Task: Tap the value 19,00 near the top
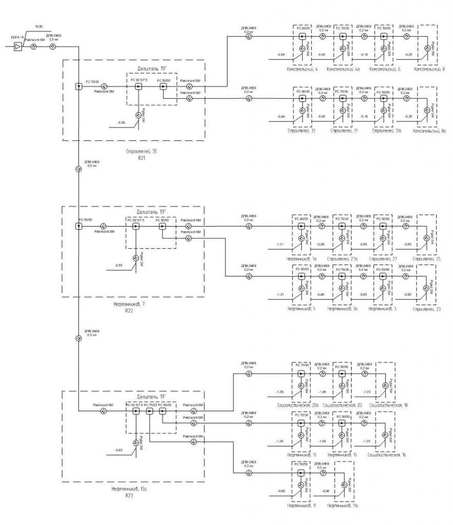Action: [x=38, y=26]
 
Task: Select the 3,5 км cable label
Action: [x=53, y=39]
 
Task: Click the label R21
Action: [x=142, y=159]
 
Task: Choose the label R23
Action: [x=129, y=496]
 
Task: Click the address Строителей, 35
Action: [x=141, y=152]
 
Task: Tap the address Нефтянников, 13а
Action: [x=130, y=489]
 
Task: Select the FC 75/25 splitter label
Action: [x=150, y=405]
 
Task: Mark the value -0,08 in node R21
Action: [x=121, y=123]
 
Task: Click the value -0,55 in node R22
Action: [x=118, y=265]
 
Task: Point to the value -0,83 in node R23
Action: [x=118, y=450]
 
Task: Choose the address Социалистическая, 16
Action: [x=387, y=455]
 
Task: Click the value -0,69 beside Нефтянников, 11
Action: [x=281, y=491]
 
